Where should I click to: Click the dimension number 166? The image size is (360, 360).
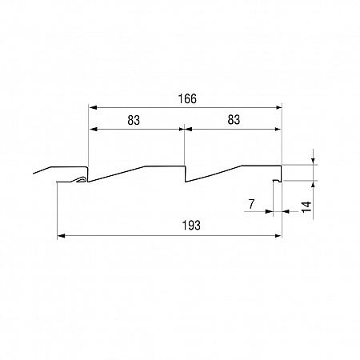[x=187, y=99]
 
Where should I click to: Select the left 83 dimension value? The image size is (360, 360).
[x=134, y=120]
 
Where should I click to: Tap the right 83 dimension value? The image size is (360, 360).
[x=234, y=120]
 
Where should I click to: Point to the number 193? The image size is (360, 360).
[x=191, y=226]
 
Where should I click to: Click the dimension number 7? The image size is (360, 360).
[x=251, y=204]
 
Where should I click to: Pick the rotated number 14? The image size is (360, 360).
[x=306, y=207]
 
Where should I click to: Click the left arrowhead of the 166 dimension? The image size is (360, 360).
[x=93, y=107]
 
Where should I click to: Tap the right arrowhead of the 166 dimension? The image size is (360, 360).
[x=278, y=107]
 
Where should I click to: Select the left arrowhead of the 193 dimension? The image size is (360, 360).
[x=61, y=236]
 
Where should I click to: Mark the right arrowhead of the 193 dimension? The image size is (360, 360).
[x=278, y=236]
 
